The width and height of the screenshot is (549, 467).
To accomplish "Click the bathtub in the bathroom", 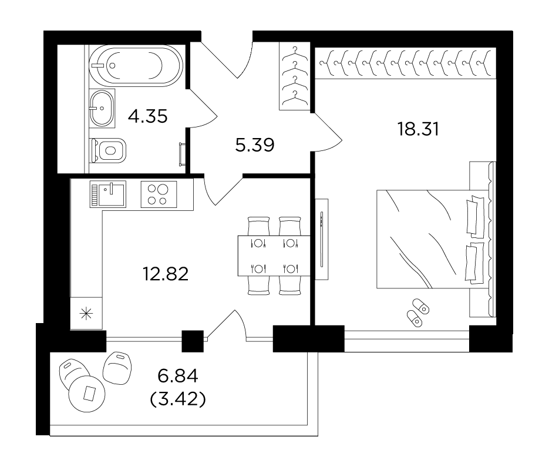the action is point(136,66).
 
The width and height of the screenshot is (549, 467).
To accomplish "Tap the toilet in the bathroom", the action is point(108,150).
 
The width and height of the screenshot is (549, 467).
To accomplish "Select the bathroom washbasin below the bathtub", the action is point(102,108).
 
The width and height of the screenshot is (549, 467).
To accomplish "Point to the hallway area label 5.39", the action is point(255,145).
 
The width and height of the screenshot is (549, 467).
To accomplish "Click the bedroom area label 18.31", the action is point(418,129).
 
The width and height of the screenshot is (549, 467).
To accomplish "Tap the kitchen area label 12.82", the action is point(166,274).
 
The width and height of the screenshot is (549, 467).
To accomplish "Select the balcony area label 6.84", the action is point(178,377).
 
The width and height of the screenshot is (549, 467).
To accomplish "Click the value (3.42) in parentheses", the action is point(177,399).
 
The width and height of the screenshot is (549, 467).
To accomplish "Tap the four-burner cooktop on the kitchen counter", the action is point(159,194).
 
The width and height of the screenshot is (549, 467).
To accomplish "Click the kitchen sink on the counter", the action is point(108,194).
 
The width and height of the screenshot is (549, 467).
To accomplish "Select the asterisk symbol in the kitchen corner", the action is point(86,313).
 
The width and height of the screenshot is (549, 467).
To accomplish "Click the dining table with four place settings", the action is point(274,256).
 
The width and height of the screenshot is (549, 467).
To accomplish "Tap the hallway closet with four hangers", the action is point(294,76).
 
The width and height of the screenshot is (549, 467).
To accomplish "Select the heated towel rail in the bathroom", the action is point(182,154).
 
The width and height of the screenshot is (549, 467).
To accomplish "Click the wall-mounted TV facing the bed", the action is point(322,239).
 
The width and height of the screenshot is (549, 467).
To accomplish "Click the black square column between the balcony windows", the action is point(193,341).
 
